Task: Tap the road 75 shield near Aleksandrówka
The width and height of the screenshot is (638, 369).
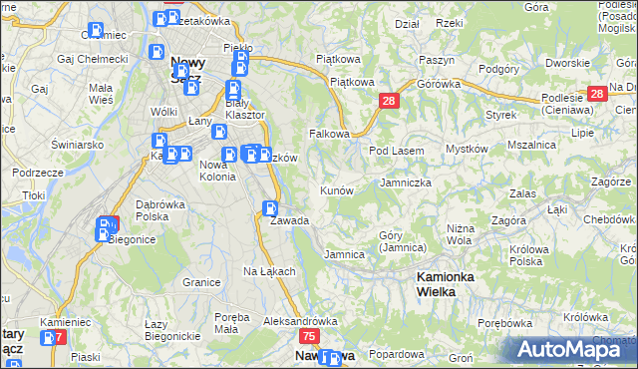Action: click(308, 337)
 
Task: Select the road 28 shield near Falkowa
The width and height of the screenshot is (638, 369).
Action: click(389, 101)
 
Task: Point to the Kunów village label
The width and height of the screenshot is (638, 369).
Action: click(336, 189)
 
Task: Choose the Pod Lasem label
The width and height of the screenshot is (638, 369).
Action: click(397, 151)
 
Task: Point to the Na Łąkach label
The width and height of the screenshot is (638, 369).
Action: click(269, 271)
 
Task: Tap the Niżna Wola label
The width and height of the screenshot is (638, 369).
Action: click(460, 233)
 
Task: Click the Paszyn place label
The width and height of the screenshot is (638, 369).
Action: click(437, 60)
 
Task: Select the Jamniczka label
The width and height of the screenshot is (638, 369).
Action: click(406, 184)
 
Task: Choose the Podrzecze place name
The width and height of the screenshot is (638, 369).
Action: click(39, 172)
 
